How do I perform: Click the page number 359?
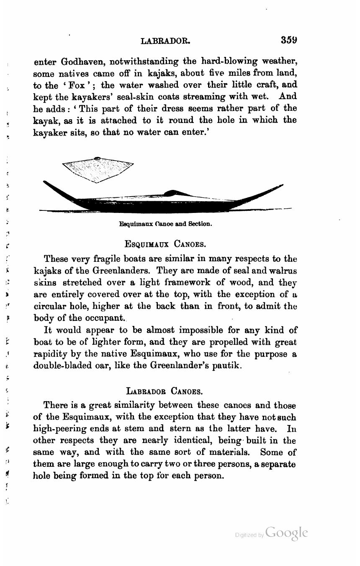(x=289, y=40)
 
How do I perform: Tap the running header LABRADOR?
(x=166, y=41)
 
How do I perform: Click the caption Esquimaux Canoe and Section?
(x=166, y=224)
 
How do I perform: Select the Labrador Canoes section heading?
(x=165, y=392)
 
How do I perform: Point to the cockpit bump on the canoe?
(x=171, y=193)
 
